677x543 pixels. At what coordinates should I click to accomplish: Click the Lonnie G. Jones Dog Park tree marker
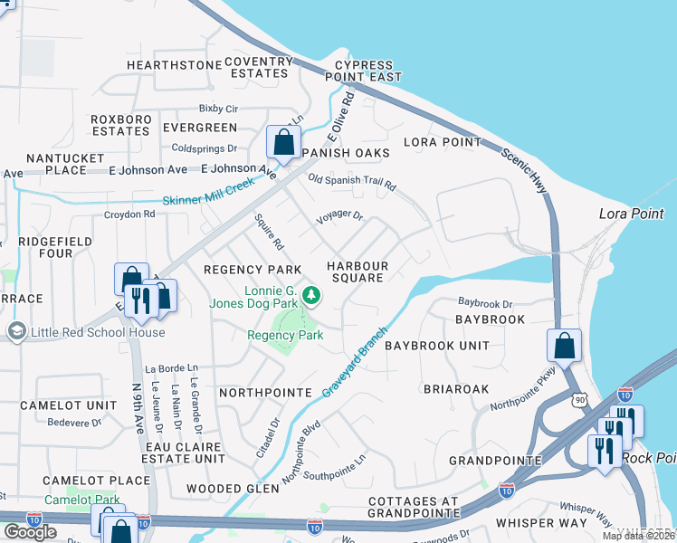pos(311,295)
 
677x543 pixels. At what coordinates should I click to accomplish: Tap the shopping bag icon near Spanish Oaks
pos(283,143)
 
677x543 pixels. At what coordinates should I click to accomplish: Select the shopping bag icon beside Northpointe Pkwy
pos(564,345)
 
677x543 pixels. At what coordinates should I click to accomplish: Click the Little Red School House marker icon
pos(15,332)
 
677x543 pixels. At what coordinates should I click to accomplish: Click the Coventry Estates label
pos(259,68)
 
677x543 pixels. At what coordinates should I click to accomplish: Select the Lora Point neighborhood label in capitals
pos(443,142)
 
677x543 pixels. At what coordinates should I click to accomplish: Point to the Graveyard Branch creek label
pos(355,361)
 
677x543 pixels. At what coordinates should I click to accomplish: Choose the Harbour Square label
pos(358,271)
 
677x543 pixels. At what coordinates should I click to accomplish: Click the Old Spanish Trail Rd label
pos(352,182)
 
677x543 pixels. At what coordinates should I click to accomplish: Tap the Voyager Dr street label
pos(338,217)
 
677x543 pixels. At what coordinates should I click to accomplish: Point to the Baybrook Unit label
pos(437,346)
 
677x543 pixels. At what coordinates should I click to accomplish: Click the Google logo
pos(30,531)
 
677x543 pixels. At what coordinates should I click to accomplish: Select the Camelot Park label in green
pos(81,500)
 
